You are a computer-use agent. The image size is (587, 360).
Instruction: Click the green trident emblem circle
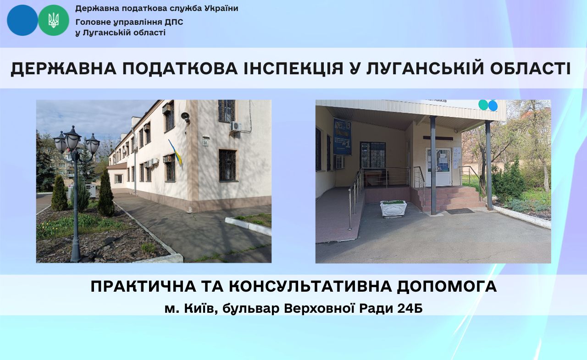(x=54, y=20)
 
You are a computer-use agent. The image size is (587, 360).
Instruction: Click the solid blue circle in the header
(x=22, y=20)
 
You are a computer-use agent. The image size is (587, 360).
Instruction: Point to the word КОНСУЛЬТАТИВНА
(x=310, y=286)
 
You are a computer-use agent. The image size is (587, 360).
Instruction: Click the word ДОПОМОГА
(x=447, y=286)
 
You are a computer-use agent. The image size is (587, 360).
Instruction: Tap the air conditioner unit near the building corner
(x=236, y=127)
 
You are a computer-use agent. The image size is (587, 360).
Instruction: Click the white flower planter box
(x=393, y=209)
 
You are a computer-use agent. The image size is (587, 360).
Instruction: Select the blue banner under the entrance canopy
(x=342, y=136)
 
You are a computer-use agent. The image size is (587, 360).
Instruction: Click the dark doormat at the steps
(x=460, y=211)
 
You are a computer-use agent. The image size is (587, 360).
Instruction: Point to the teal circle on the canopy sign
(x=483, y=105)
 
